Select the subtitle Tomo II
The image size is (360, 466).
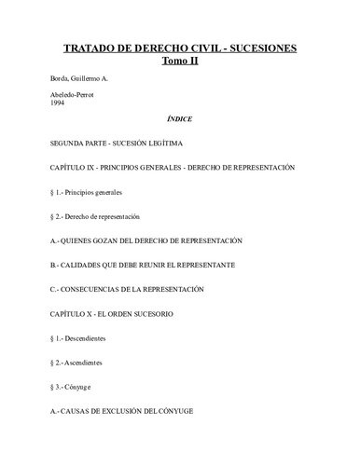(x=180, y=61)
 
